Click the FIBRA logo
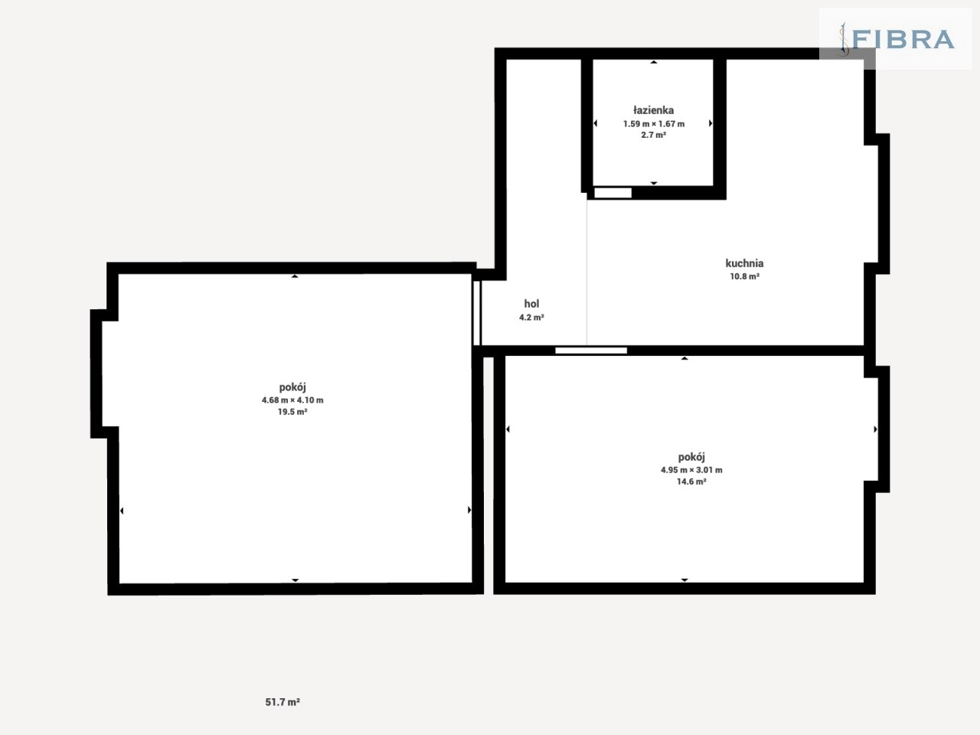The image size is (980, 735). (x=897, y=39)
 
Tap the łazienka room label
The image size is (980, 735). (x=654, y=109)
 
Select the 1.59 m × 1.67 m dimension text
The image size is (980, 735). (x=654, y=123)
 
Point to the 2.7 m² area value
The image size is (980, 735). (x=654, y=135)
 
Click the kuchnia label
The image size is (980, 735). (x=744, y=263)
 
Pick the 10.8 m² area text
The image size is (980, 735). (x=744, y=276)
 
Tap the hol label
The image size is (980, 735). (x=531, y=303)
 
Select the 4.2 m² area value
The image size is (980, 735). (x=531, y=317)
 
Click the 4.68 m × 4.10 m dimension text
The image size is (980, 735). (x=292, y=400)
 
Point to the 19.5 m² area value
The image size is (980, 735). (x=292, y=411)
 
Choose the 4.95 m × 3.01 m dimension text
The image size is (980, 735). (x=691, y=469)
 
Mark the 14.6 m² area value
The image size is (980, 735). (x=691, y=481)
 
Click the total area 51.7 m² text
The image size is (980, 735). (x=283, y=702)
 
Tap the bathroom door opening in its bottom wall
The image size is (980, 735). (x=612, y=193)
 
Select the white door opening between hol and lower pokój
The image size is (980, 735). (x=590, y=351)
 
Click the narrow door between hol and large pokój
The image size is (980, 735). (x=476, y=312)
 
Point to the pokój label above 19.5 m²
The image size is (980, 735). (x=292, y=387)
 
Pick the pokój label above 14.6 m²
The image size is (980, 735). (x=691, y=457)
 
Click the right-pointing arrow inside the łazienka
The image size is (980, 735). (x=710, y=123)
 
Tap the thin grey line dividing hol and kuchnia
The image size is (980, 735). (x=586, y=272)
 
